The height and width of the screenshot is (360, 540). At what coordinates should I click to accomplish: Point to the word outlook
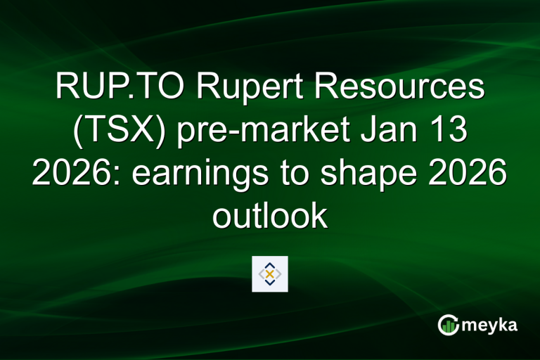(x=270, y=217)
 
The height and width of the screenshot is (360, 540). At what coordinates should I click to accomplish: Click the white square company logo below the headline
(x=270, y=274)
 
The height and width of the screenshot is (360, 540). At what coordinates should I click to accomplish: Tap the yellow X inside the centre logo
(x=270, y=274)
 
